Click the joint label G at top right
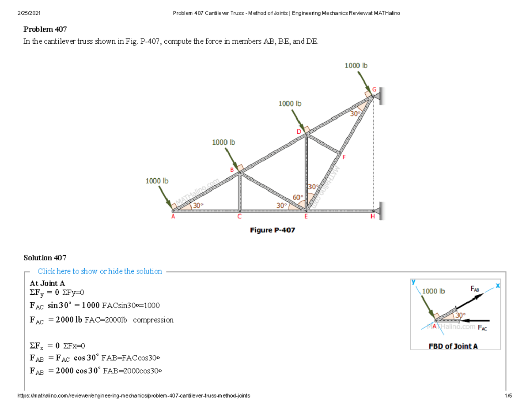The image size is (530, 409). [x=374, y=90]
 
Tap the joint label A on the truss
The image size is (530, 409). [x=173, y=217]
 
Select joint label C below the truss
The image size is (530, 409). [x=239, y=217]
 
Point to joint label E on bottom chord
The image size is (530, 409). [x=305, y=217]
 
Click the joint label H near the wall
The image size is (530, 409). [x=372, y=217]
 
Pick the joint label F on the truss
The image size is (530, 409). [x=344, y=157]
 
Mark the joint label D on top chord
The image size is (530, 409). [x=299, y=132]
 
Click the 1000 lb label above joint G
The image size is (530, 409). [x=356, y=65]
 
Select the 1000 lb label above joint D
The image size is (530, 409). [x=290, y=103]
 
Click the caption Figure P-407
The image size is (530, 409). [x=273, y=230]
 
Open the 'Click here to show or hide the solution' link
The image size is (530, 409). [x=100, y=271]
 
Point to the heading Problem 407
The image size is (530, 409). [x=45, y=30]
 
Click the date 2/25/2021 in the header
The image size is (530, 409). [x=26, y=14]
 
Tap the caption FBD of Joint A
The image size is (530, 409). [x=453, y=346]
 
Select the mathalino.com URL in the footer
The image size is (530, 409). [x=133, y=396]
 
